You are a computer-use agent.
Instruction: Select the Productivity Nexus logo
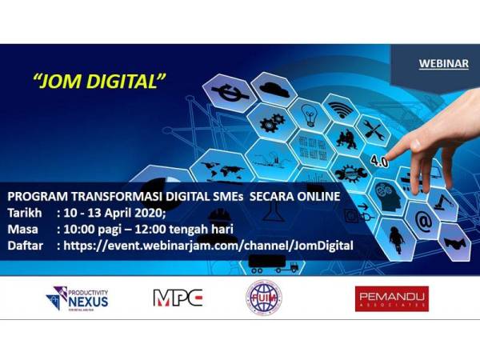pos(78,298)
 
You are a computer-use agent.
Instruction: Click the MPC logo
pos(178,298)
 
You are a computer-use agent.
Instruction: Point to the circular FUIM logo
pos(263,298)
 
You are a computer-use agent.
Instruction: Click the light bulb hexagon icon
pos(310,114)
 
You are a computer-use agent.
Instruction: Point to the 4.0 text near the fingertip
pos(376,161)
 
